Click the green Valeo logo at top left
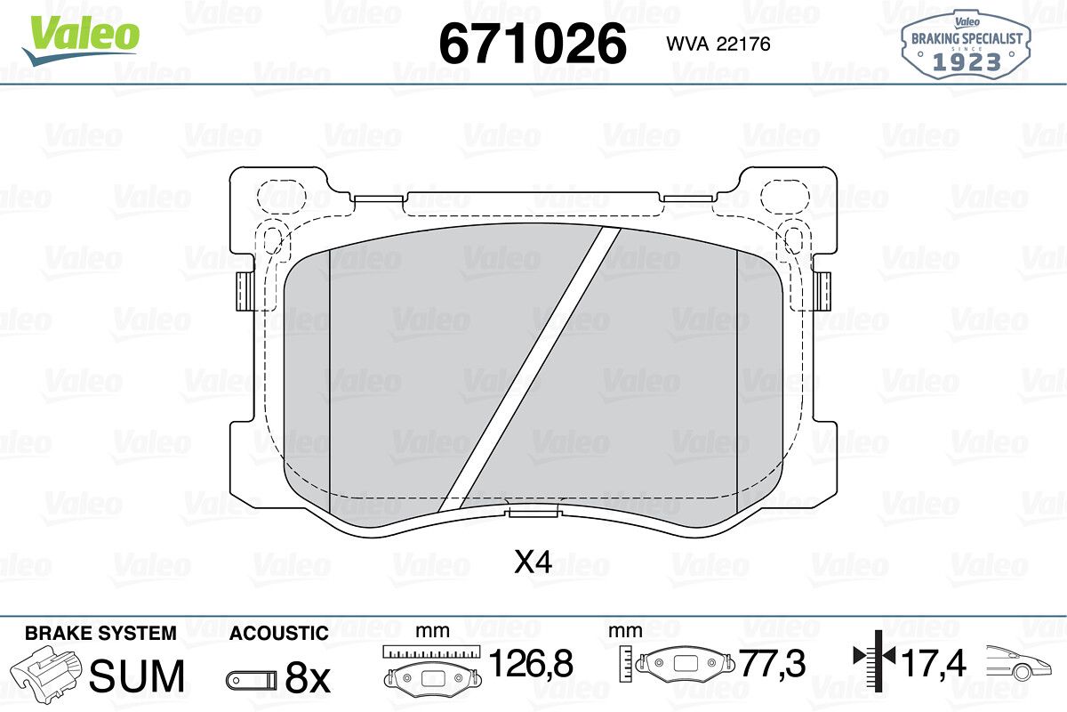click(x=81, y=40)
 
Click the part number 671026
click(x=533, y=44)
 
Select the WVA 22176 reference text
click(x=718, y=44)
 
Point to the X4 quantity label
click(x=533, y=562)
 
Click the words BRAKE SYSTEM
click(x=100, y=634)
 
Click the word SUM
click(x=137, y=676)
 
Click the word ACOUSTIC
click(x=279, y=634)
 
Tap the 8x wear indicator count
click(x=308, y=678)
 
